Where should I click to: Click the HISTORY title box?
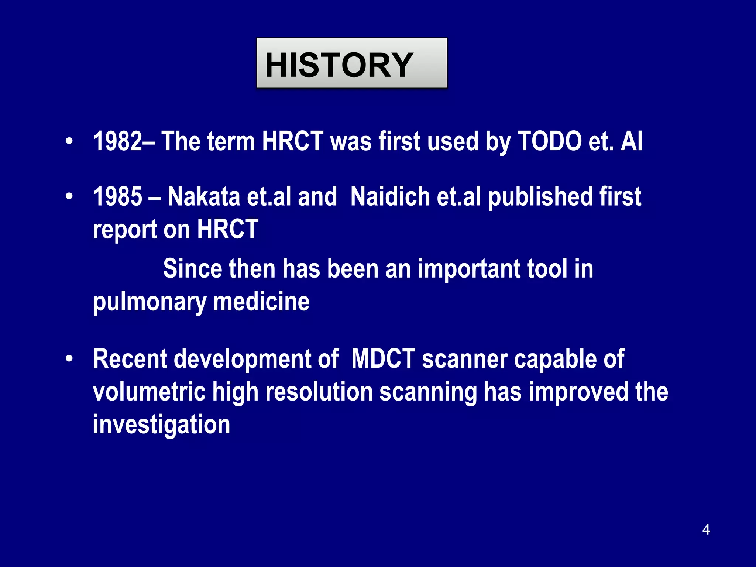(x=351, y=63)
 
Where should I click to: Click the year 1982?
(x=117, y=141)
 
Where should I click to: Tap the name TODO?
(x=550, y=141)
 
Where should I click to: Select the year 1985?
(x=117, y=196)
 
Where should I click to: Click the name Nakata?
(x=204, y=196)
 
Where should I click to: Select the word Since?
(x=192, y=268)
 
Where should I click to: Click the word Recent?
(x=130, y=359)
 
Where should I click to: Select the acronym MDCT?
(x=383, y=359)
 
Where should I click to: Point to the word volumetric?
(x=149, y=392)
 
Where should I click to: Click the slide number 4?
(x=706, y=529)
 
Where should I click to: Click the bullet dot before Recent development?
(x=69, y=359)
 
